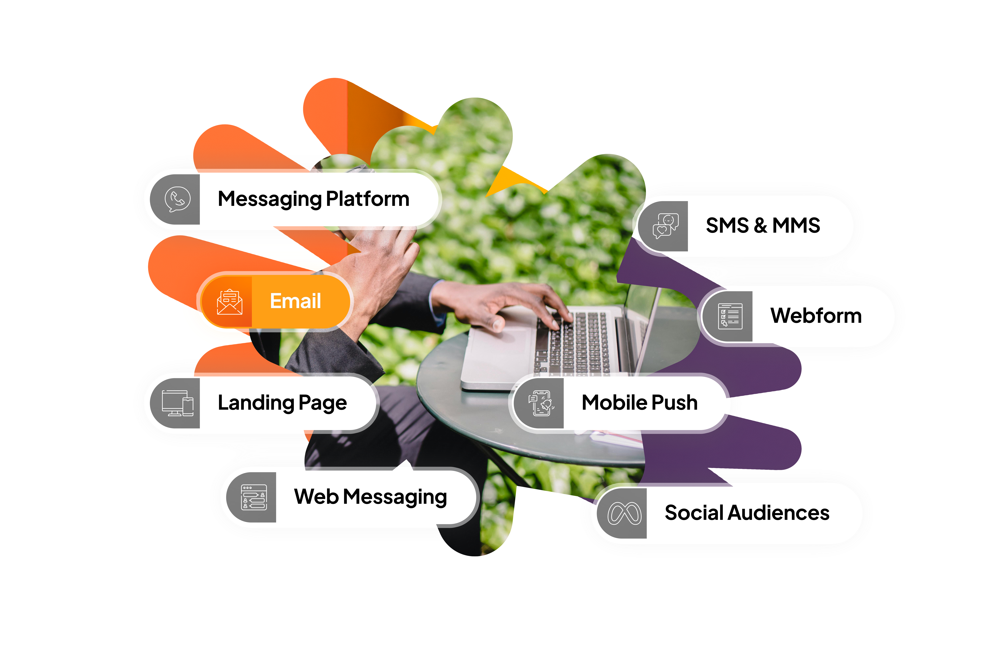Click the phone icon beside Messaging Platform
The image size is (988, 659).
pos(178,199)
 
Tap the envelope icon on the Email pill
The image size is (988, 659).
pos(229,302)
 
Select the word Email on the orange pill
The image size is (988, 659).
pos(295,301)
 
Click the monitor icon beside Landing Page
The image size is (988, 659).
pos(178,403)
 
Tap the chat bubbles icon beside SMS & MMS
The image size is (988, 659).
pos(665,226)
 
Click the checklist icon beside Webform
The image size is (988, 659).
pos(730,316)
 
